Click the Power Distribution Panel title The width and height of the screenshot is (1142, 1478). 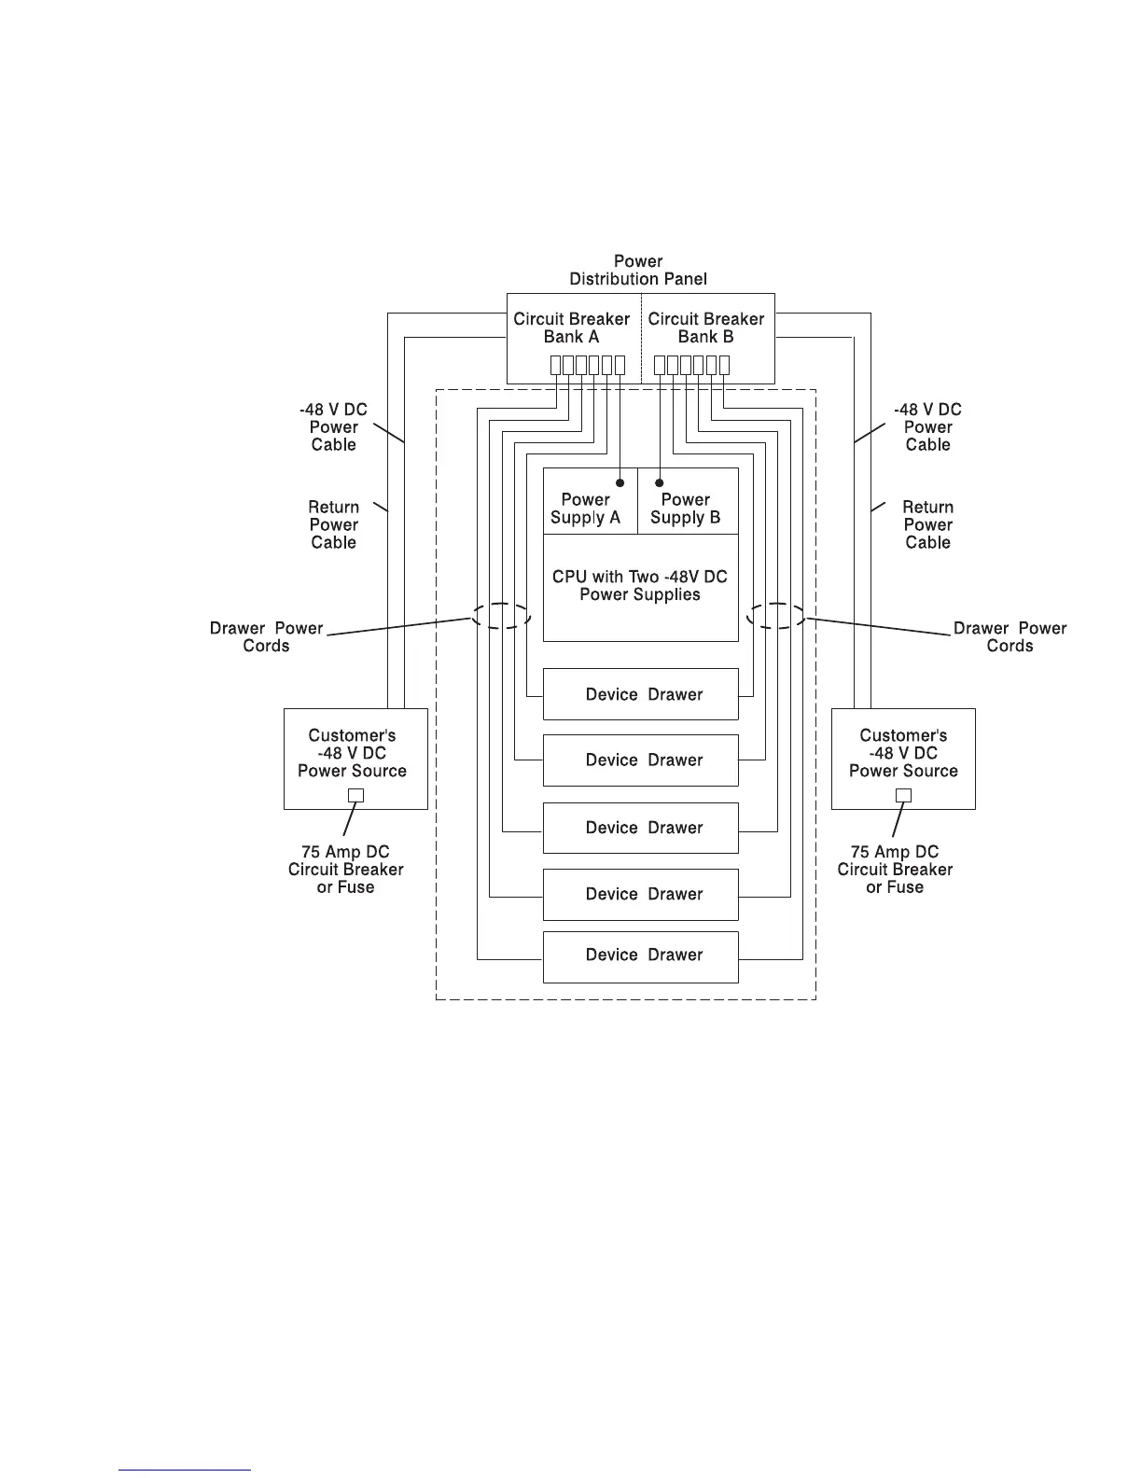pos(638,270)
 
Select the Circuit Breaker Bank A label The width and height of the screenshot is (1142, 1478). pos(571,328)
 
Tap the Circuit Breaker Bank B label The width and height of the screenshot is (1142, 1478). pos(705,328)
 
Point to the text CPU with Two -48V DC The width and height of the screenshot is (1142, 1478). pos(640,577)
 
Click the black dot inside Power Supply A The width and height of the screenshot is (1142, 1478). pos(620,482)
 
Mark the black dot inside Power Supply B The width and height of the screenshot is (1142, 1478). pos(660,482)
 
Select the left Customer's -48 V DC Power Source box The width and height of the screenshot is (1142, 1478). pos(355,758)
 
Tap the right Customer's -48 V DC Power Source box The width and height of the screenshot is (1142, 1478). pos(903,758)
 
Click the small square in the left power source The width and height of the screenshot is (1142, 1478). pos(355,796)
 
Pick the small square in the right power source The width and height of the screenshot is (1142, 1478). pos(903,796)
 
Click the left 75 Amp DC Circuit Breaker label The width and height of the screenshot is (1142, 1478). pos(346,870)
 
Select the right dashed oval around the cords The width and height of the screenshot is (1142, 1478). pos(776,616)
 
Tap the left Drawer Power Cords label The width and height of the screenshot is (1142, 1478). pos(266,636)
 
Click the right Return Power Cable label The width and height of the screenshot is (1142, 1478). pos(927,524)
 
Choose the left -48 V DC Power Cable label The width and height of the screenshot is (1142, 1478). pos(333,427)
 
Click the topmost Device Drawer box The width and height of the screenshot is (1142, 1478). pos(641,694)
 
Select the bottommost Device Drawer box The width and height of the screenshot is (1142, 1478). pos(641,956)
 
